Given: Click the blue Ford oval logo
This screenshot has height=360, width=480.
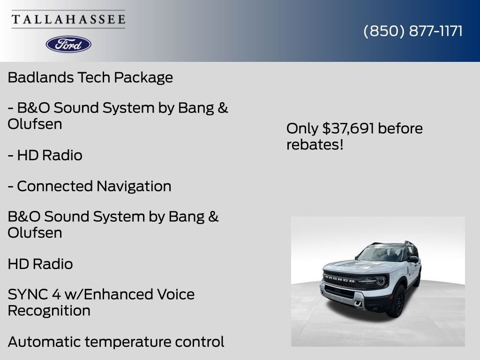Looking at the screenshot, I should click(x=68, y=44).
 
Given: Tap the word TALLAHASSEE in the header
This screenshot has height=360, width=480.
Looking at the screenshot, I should click(x=68, y=20).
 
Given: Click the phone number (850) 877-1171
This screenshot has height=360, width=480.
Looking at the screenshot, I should click(x=413, y=31).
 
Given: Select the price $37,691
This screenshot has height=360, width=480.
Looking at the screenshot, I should click(x=348, y=128).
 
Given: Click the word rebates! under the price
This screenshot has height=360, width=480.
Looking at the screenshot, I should click(x=315, y=144).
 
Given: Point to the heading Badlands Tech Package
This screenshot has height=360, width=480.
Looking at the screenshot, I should click(x=90, y=77).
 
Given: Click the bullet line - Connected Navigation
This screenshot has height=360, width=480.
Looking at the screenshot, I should click(x=90, y=186).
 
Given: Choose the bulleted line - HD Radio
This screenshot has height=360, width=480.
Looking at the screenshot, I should click(x=45, y=155).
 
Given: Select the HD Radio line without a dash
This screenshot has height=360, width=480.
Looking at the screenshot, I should click(x=40, y=264).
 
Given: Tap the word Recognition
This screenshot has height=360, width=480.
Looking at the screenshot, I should click(x=49, y=310).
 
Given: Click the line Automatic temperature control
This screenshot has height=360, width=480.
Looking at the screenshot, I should click(x=116, y=342).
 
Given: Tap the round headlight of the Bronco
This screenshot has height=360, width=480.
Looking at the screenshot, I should click(x=380, y=281).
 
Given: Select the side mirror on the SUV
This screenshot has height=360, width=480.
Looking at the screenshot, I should click(x=413, y=259).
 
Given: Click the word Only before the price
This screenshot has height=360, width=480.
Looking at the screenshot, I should click(x=302, y=128).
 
